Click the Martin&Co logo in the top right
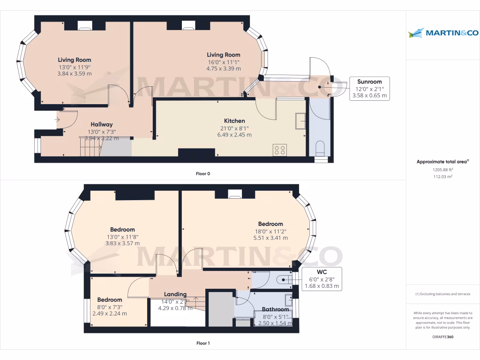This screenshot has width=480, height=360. [x=442, y=33]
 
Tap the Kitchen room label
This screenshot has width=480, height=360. [x=232, y=120]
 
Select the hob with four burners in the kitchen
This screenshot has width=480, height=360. [x=280, y=150]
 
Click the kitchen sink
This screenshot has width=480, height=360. [x=300, y=121]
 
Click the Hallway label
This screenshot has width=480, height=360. [x=102, y=124]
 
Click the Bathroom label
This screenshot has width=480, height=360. [x=275, y=309]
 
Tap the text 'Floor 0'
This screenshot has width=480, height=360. [x=203, y=174]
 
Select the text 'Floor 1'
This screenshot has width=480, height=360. [x=203, y=343]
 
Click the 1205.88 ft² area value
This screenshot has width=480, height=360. [x=442, y=170]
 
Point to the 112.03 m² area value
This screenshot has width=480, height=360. [x=442, y=177]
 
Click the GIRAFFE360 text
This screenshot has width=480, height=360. [x=442, y=337]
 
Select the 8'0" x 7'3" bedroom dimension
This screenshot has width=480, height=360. [x=110, y=307]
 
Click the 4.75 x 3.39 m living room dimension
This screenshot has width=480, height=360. [x=224, y=68]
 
